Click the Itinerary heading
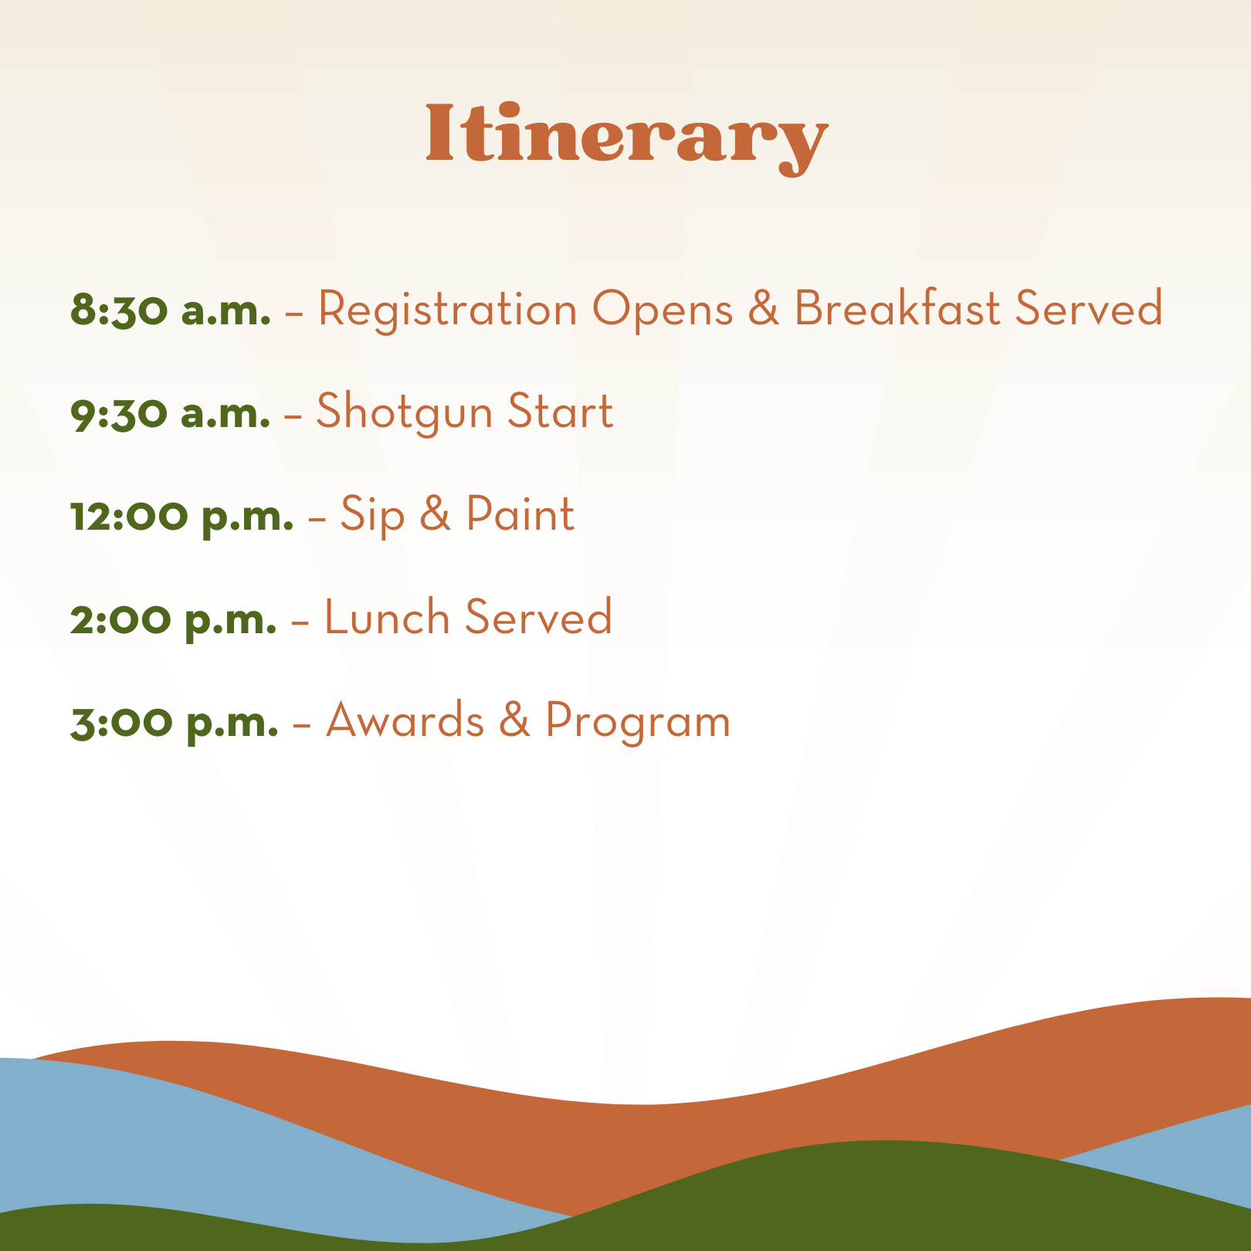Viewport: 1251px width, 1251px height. (x=625, y=135)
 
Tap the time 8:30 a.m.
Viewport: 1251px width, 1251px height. (x=170, y=309)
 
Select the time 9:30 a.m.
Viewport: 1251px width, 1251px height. (x=170, y=412)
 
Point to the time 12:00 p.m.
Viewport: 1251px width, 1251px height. (x=181, y=515)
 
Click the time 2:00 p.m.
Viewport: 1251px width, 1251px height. (x=173, y=619)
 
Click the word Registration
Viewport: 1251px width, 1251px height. (x=448, y=309)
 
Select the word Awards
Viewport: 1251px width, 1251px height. (x=405, y=721)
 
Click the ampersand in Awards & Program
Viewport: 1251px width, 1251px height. (x=515, y=721)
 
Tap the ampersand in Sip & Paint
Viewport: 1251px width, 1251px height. (x=436, y=515)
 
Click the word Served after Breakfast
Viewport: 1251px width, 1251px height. (x=1089, y=309)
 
